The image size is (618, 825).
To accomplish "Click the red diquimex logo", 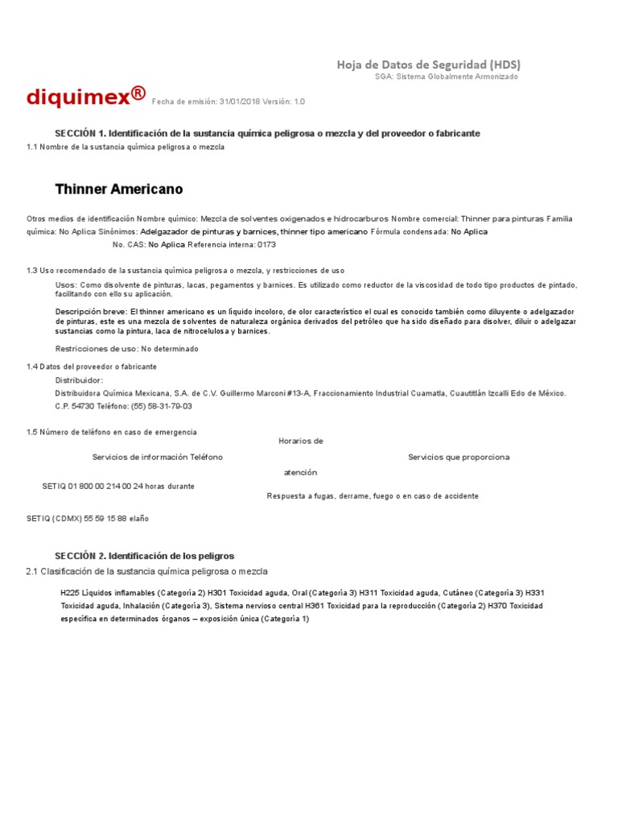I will tap(85, 97).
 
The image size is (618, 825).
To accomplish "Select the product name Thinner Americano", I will tap(118, 189).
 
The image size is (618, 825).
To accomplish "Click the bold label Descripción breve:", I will tap(91, 311).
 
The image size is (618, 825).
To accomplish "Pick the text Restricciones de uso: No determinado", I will tap(126, 349).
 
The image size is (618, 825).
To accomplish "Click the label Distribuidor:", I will tap(79, 379).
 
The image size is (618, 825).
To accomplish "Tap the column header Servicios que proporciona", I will tap(459, 457).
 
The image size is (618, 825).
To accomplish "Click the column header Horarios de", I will tap(301, 441).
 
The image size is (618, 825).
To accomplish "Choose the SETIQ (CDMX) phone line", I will tap(88, 518).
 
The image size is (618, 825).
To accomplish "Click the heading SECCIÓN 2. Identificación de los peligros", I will tap(144, 556).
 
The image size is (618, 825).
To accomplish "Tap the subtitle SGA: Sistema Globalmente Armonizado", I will tap(447, 77).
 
